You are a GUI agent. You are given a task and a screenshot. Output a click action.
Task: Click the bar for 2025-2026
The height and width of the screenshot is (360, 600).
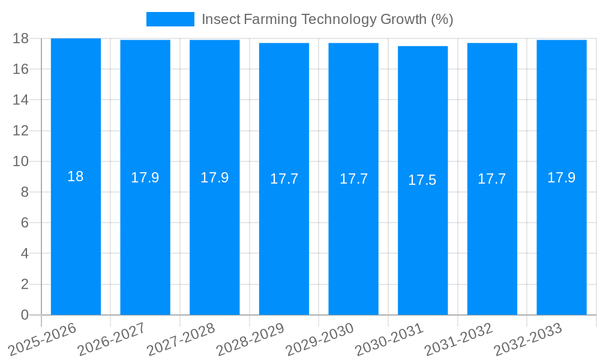(76, 240)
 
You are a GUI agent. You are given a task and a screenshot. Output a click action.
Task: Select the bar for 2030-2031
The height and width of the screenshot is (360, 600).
(422, 240)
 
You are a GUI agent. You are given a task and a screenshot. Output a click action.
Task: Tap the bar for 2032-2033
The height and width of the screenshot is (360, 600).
(562, 240)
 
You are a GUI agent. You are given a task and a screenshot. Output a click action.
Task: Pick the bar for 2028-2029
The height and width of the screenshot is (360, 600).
(284, 240)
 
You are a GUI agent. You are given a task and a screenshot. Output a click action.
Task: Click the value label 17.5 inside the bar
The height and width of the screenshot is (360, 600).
(422, 180)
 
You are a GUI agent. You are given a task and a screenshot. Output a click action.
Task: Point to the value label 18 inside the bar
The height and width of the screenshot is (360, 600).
(76, 176)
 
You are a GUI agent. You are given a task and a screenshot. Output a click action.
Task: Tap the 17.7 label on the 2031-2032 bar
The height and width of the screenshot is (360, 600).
(492, 179)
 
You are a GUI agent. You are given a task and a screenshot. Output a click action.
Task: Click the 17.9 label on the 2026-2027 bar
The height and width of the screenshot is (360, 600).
(145, 178)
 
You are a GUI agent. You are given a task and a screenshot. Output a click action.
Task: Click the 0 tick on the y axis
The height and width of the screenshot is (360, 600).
(25, 315)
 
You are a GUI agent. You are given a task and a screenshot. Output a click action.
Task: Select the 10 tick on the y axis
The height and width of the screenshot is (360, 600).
(20, 161)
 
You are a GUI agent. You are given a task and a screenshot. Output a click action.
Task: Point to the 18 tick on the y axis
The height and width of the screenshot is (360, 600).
(20, 38)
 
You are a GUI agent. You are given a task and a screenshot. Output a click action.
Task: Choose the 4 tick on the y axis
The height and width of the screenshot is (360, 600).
(25, 254)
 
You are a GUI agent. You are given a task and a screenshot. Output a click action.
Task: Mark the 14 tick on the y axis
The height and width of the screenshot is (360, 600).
(20, 100)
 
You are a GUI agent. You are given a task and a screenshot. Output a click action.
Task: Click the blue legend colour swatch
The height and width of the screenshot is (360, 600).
(170, 19)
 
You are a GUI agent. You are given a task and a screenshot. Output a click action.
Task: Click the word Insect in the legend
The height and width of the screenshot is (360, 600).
(221, 19)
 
